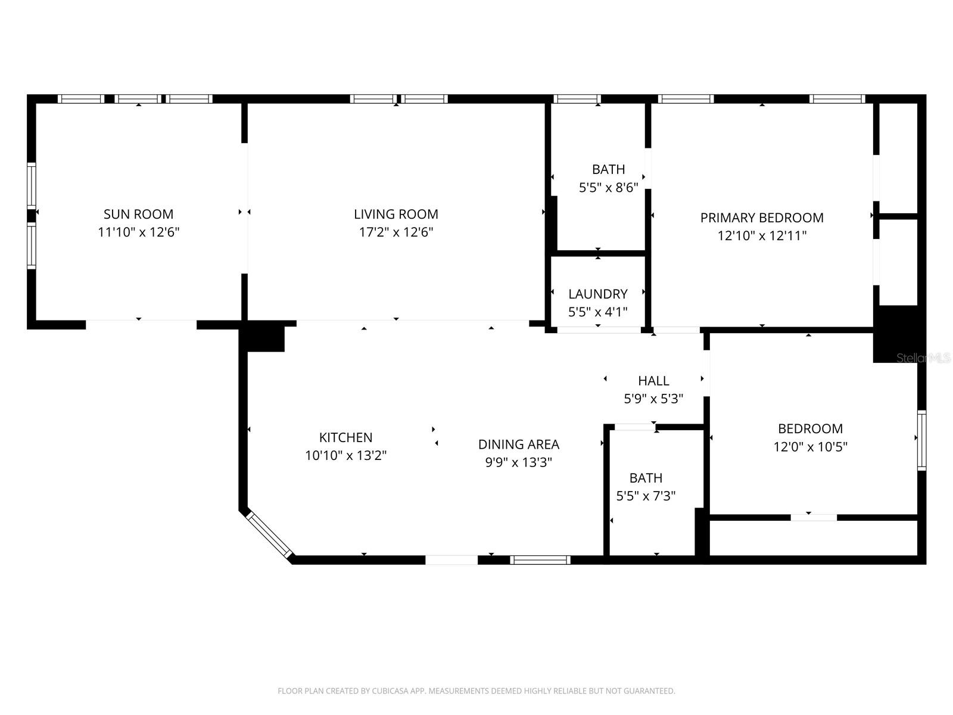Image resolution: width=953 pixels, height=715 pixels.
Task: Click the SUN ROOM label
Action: tap(138, 214)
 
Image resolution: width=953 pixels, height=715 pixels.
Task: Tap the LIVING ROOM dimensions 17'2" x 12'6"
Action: tap(395, 232)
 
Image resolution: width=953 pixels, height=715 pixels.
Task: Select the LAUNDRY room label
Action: tap(597, 294)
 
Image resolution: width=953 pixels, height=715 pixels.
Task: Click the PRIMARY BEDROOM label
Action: tap(762, 217)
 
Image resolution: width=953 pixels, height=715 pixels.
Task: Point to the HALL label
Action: tap(653, 381)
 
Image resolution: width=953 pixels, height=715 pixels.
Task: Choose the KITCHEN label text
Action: tap(345, 437)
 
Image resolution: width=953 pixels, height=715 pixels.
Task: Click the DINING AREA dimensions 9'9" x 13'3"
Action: tap(518, 462)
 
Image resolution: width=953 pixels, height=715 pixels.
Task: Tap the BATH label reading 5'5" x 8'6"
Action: tap(608, 179)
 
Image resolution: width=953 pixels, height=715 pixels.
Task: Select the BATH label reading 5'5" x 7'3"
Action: tap(646, 487)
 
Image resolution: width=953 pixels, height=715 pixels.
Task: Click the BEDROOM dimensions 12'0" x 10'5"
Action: tap(810, 447)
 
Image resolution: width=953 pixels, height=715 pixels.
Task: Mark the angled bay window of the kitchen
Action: tap(269, 535)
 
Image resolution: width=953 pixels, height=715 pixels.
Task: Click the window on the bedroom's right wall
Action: tap(921, 440)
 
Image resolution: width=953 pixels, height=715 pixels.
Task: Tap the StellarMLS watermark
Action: tap(923, 358)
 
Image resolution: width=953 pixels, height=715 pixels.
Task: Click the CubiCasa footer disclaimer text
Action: tap(476, 691)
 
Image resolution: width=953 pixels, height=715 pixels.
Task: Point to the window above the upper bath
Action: tap(577, 99)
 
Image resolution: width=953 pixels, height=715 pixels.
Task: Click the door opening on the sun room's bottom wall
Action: tap(141, 325)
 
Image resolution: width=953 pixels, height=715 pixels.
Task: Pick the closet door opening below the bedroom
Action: tap(814, 517)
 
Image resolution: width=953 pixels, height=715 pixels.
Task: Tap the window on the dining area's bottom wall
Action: tap(540, 559)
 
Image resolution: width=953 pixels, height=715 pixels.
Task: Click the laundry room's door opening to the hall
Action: tap(599, 329)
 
